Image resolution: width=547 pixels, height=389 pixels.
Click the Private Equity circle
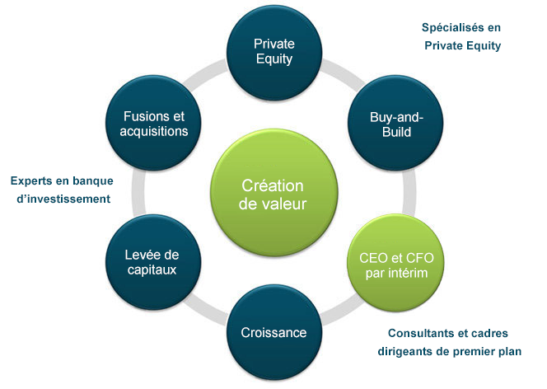point(274,52)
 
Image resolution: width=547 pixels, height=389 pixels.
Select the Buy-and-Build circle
point(395,123)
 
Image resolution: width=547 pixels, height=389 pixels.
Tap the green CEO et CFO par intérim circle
point(395,263)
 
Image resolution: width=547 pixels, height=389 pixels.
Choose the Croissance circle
point(274,332)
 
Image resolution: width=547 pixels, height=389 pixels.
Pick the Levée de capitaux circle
point(152,262)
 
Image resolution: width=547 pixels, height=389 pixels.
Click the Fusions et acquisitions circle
point(153,123)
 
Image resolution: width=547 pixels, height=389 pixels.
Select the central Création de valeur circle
point(273,193)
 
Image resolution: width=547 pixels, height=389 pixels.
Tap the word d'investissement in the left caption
point(63,199)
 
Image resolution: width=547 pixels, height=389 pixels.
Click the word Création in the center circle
point(273,185)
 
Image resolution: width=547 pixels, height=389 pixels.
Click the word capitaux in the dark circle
point(152,269)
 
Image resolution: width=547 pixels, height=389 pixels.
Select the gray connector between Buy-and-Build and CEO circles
point(409,193)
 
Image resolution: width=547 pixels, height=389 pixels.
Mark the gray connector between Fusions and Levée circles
point(139,193)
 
